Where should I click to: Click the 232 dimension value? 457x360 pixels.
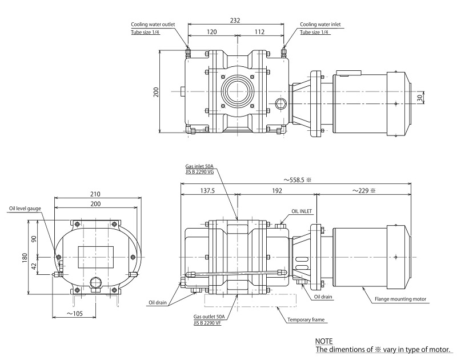point(235,20)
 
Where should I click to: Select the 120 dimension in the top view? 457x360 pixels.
point(211,32)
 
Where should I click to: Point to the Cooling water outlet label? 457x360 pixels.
point(153,25)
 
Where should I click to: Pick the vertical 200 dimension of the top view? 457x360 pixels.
point(156,92)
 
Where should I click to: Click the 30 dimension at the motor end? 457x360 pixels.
point(422,98)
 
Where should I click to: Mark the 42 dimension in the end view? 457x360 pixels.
point(35,265)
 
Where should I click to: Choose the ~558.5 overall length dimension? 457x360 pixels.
point(291,178)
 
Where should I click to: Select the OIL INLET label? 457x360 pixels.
point(302,211)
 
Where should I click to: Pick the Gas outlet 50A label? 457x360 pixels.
point(208,316)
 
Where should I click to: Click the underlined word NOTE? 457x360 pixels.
point(324,341)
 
